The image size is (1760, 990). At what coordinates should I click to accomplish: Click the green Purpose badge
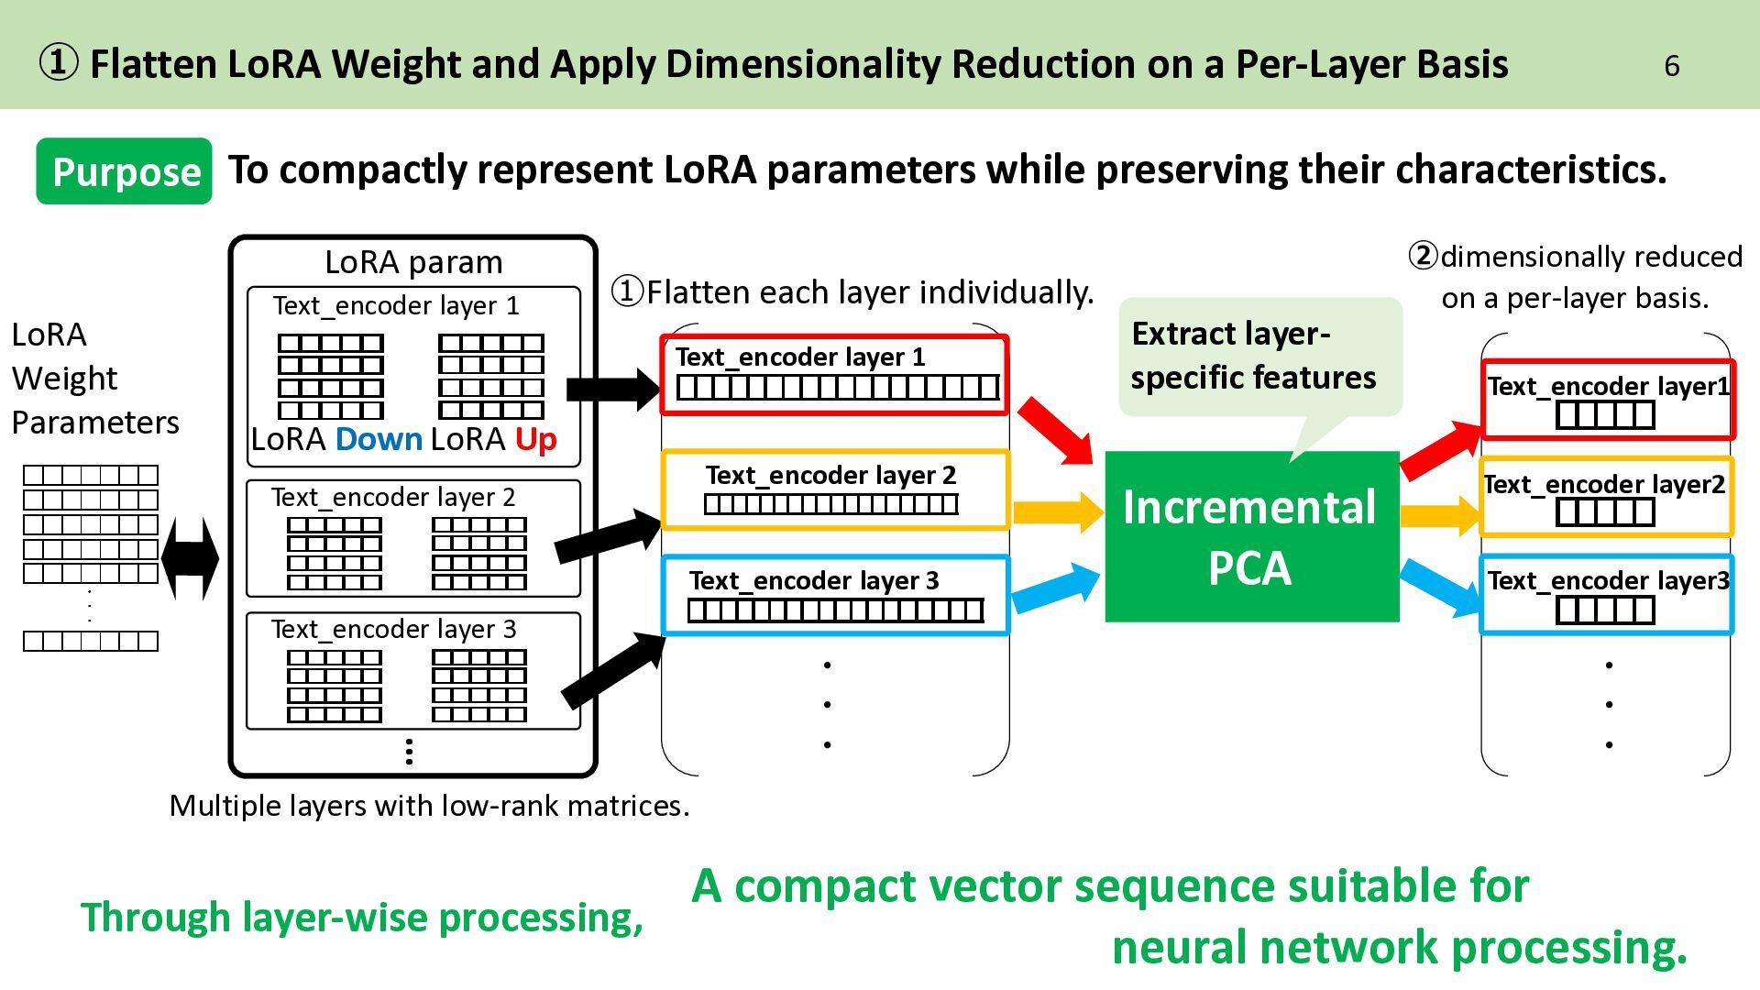pos(124,171)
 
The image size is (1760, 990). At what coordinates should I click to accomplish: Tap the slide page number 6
pos(1671,66)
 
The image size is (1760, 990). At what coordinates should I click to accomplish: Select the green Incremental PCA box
pos(1251,536)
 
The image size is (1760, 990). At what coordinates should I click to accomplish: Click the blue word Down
pos(379,439)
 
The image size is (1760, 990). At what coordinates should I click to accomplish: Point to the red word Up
pos(535,440)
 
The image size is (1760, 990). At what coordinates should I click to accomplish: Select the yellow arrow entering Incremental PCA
pos(1058,512)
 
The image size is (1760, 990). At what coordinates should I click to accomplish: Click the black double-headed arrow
pos(190,557)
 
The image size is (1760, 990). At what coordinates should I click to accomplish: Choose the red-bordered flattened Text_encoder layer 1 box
pos(834,375)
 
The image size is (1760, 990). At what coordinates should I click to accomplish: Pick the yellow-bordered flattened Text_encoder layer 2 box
pos(835,490)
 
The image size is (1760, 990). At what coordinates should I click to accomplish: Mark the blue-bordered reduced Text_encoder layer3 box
pos(1606,595)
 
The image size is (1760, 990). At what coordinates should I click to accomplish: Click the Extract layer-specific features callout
pos(1260,357)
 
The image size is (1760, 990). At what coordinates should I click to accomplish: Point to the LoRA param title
pos(413,262)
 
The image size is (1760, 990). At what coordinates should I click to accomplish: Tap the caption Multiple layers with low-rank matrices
pos(429,806)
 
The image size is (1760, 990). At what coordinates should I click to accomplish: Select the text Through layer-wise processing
pos(362,918)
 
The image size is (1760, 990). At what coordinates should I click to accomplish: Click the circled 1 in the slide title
pos(59,64)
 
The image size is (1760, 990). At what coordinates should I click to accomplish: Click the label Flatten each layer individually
pos(852,292)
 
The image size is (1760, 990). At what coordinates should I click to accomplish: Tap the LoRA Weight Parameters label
pos(95,378)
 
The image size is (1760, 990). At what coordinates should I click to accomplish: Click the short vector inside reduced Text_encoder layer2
pos(1605,512)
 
